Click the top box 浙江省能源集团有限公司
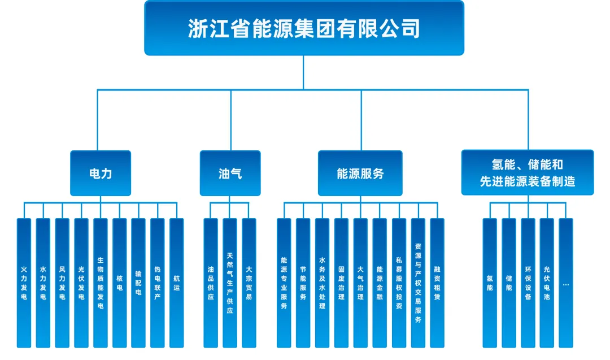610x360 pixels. [x=304, y=28]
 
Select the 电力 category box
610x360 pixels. [x=101, y=174]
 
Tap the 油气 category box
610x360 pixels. [x=230, y=174]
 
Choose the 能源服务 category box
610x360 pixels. [x=360, y=174]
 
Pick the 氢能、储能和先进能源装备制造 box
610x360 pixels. [x=527, y=173]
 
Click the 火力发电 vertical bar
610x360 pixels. [x=24, y=283]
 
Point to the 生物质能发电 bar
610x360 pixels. [x=101, y=283]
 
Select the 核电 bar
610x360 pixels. [x=120, y=283]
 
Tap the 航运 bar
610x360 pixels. [x=177, y=283]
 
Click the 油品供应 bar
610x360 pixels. [x=211, y=283]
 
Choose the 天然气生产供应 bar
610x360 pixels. [x=230, y=283]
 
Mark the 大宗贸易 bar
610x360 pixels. [x=249, y=283]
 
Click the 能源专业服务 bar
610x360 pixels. [x=284, y=283]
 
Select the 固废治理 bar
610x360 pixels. [x=341, y=283]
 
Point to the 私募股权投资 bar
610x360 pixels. [x=399, y=283]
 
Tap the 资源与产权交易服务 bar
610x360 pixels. [x=418, y=283]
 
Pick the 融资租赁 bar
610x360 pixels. [x=437, y=283]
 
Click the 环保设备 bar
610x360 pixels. [x=528, y=283]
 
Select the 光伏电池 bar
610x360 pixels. [x=547, y=283]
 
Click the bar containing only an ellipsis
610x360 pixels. [x=566, y=283]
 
